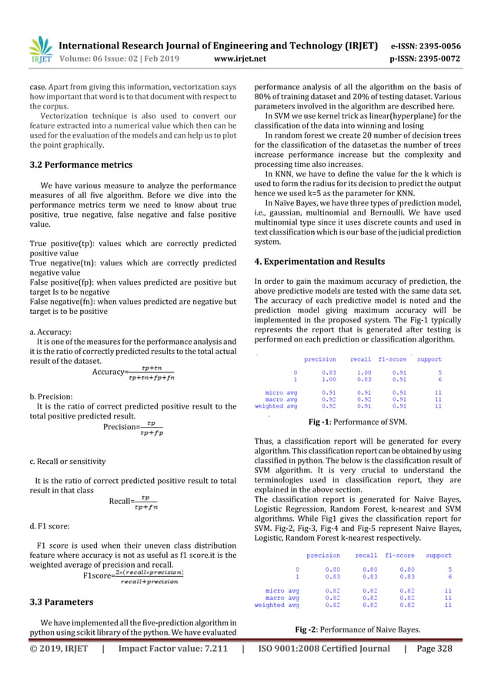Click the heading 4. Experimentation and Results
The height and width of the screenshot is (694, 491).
coord(319,262)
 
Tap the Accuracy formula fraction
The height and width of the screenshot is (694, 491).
coord(152,372)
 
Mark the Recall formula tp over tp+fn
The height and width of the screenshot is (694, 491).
coord(146,502)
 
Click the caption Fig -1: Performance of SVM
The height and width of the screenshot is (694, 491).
coord(357,422)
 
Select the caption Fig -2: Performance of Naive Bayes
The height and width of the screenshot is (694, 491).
coord(358,629)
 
